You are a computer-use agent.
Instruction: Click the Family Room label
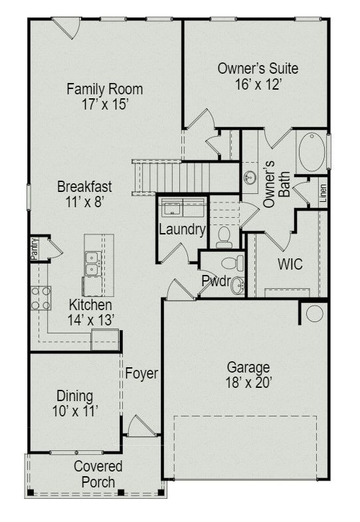click(104, 89)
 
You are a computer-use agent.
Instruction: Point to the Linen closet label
click(323, 193)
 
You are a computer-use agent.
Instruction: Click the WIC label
click(290, 264)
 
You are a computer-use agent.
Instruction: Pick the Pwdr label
click(216, 282)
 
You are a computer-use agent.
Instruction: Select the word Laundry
click(181, 230)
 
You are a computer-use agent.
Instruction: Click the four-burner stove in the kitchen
click(41, 298)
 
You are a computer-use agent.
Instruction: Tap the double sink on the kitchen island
click(92, 263)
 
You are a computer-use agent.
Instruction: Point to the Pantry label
click(33, 251)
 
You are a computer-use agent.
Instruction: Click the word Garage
click(248, 367)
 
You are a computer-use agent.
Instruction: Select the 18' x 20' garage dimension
click(248, 383)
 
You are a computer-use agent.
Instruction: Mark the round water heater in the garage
click(314, 313)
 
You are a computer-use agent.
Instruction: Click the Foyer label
click(141, 374)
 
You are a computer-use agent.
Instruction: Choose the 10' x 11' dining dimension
click(75, 412)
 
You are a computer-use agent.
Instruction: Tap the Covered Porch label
click(98, 474)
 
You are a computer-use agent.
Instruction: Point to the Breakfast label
click(84, 187)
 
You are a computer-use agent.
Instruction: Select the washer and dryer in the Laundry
click(181, 207)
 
